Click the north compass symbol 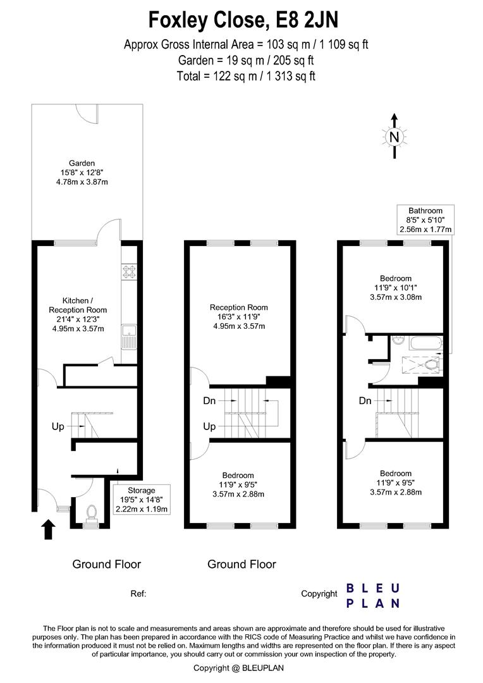tap(394, 137)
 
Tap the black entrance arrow tap(48, 529)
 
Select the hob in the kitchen tap(129, 271)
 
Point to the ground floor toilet tap(91, 514)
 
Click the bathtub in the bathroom tap(424, 343)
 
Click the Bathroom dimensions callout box tap(425, 220)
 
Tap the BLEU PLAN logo tap(373, 596)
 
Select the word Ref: tap(138, 594)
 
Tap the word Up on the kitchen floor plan tap(58, 427)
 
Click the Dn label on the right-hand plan tap(365, 401)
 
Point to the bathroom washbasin tap(396, 342)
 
